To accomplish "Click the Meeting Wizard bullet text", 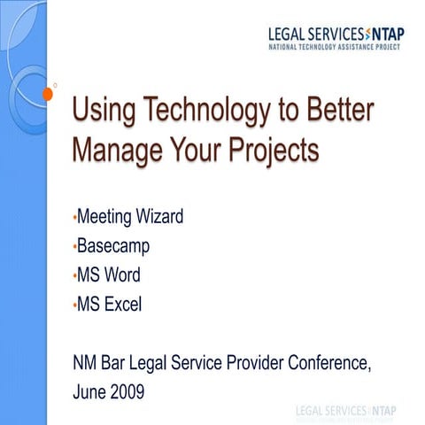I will pyautogui.click(x=130, y=216).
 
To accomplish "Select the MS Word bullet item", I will pyautogui.click(x=109, y=276).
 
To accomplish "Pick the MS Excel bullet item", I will pyautogui.click(x=110, y=306).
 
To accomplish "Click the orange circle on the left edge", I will pyautogui.click(x=46, y=92).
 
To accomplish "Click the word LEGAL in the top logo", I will pyautogui.click(x=289, y=34).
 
